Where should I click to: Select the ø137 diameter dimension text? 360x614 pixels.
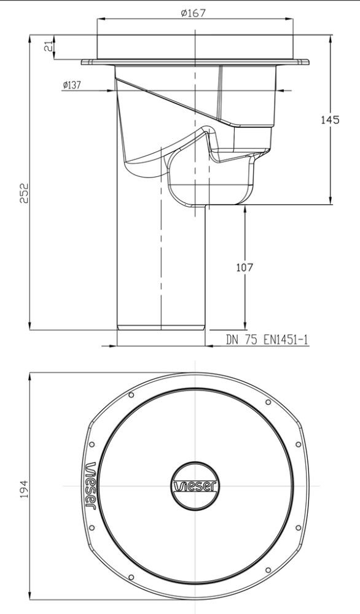point(71,85)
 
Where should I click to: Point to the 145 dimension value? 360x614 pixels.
point(330,120)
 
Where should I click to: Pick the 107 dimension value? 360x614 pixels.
point(245,267)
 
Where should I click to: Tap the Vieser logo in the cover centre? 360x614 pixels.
point(195,486)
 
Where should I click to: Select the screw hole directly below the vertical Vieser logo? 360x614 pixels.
point(92,527)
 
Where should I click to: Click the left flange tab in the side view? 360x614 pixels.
point(87,61)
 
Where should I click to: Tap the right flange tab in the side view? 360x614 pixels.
point(303,61)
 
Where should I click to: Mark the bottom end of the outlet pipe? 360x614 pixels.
point(160,328)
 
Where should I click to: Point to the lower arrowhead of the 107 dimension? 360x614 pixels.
point(245,325)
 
